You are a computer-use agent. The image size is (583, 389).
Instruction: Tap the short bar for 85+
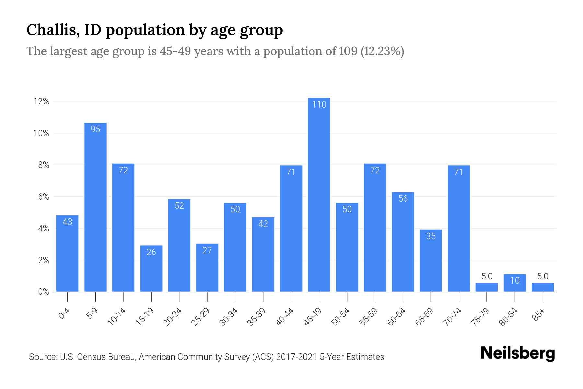pyautogui.click(x=543, y=287)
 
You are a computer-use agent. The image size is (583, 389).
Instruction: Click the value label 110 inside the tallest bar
pyautogui.click(x=319, y=104)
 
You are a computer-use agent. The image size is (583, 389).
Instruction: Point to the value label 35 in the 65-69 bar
pyautogui.click(x=431, y=236)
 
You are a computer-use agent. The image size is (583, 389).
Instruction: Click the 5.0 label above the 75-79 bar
pyautogui.click(x=487, y=276)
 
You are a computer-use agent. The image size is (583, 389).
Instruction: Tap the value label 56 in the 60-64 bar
pyautogui.click(x=403, y=198)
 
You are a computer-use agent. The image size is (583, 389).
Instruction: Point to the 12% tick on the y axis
pyautogui.click(x=41, y=101)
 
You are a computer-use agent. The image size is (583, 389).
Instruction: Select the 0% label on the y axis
pyautogui.click(x=43, y=292)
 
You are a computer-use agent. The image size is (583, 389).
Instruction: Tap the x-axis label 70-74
pyautogui.click(x=452, y=317)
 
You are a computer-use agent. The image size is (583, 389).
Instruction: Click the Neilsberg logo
pyautogui.click(x=518, y=353)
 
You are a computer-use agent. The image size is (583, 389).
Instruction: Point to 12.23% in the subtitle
pyautogui.click(x=382, y=51)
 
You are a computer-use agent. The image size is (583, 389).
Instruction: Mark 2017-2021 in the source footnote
pyautogui.click(x=296, y=357)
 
